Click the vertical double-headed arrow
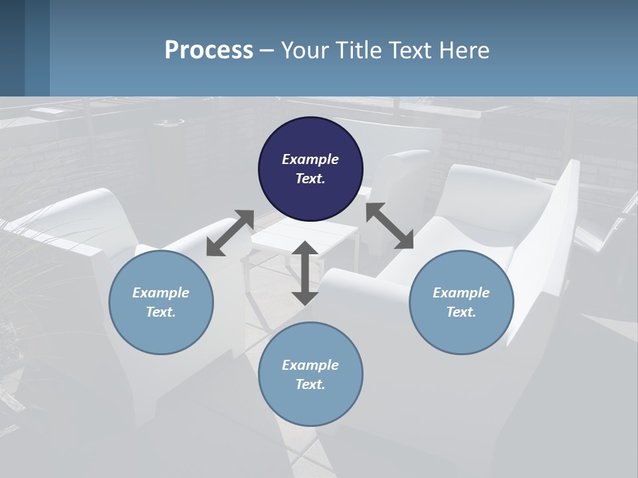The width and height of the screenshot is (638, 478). click(x=305, y=273)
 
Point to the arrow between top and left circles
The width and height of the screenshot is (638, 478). click(x=230, y=233)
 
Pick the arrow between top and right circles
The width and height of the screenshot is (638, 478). click(x=389, y=226)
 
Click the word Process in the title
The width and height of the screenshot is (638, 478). click(x=209, y=50)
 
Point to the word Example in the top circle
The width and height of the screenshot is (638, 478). click(x=310, y=159)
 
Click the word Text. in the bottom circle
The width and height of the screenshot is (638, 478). click(x=310, y=384)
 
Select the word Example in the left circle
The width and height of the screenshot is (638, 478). click(x=161, y=293)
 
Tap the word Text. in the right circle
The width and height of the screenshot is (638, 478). click(x=461, y=312)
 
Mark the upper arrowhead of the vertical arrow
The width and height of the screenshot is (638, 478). click(x=305, y=249)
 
